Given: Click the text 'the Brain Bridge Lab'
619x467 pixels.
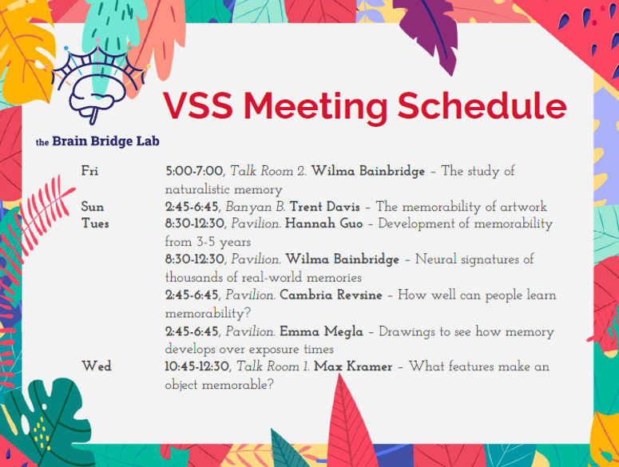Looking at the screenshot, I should coord(97,142).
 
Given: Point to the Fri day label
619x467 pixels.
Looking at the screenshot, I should coord(90,171).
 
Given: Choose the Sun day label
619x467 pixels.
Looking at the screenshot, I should coord(93,207).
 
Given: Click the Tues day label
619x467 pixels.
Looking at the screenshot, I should coord(95,224).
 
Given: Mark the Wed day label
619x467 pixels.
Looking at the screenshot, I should coord(96,366).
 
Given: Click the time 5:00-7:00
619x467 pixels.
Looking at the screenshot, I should coord(194,171).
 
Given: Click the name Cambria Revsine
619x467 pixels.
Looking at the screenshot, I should coord(331,295).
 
